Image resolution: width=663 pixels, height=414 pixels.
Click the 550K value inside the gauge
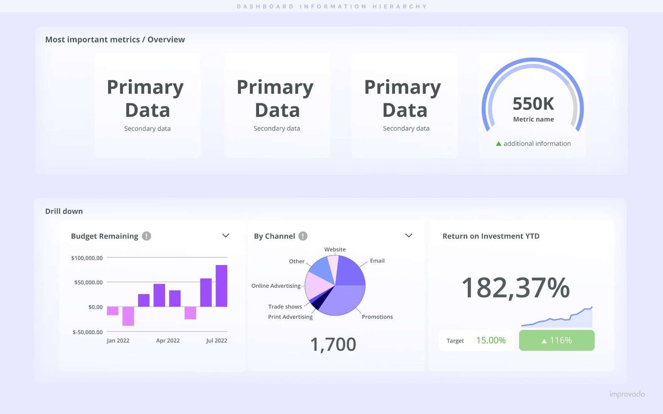533,103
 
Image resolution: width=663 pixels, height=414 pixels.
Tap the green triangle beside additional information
498,144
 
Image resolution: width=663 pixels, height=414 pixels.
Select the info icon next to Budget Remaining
146,236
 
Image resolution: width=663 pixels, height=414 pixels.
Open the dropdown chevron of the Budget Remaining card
226,236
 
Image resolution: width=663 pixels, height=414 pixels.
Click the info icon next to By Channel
303,236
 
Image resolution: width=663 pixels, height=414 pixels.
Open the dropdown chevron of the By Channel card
409,236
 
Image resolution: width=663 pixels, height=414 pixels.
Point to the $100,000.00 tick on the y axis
87,258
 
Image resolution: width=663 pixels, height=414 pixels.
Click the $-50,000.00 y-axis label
87,332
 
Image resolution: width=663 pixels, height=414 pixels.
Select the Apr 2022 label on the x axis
168,340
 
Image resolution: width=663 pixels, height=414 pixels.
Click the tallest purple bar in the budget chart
221,286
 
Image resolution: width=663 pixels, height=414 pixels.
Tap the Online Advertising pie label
276,286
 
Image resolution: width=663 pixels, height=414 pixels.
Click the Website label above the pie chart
335,249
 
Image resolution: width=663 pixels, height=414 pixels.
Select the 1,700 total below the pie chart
333,344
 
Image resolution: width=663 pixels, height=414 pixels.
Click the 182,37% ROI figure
515,288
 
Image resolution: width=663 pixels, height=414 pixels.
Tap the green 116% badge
557,340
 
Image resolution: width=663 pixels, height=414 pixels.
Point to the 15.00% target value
491,340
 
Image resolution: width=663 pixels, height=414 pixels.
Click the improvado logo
627,394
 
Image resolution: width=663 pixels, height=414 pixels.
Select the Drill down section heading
64,211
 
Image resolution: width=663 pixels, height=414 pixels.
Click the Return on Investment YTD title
491,236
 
